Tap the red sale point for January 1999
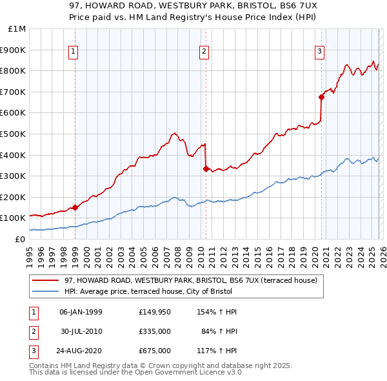tap(75, 207)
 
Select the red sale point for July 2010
tap(206, 169)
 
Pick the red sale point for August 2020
tap(321, 97)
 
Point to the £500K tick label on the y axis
tap(13, 134)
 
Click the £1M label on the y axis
tap(16, 28)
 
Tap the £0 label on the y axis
tap(19, 239)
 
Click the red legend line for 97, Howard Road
tap(45, 280)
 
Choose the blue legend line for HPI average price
tap(45, 291)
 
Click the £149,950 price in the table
tap(154, 312)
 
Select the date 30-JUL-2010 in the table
tap(81, 331)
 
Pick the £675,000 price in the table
tap(154, 351)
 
